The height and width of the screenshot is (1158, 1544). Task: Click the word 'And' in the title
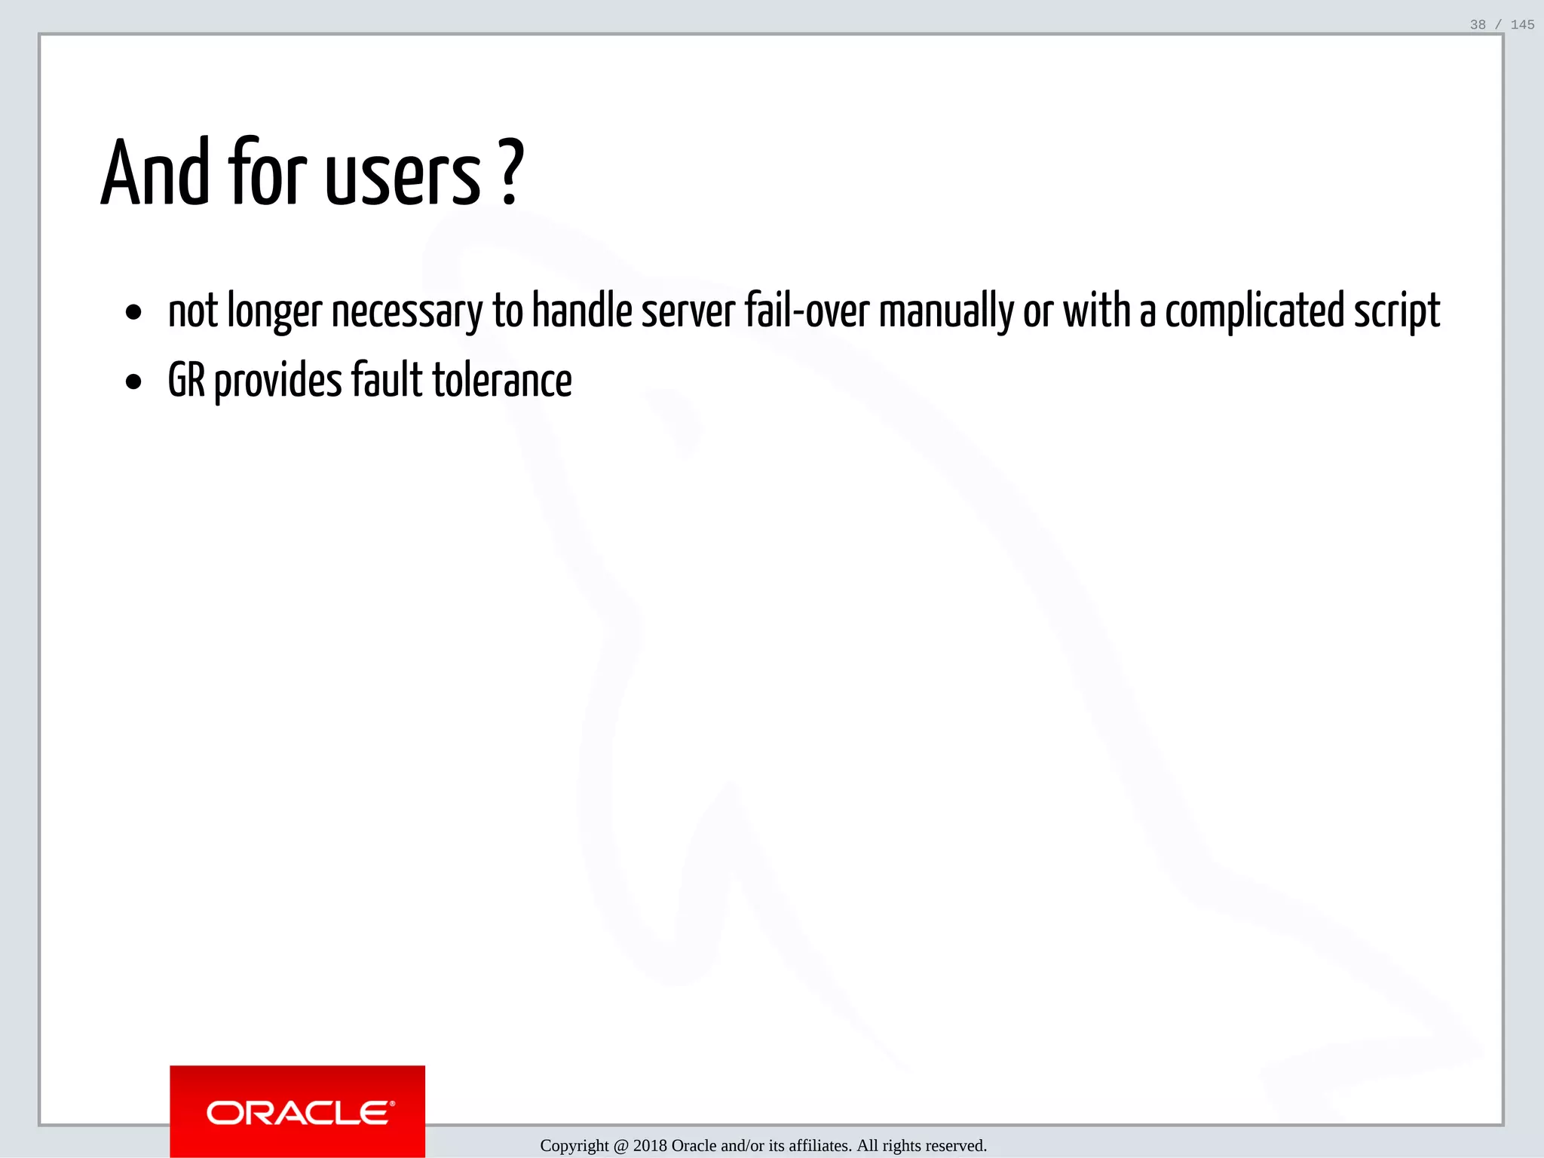[x=155, y=173]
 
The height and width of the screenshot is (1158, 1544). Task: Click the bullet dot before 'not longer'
[x=134, y=312]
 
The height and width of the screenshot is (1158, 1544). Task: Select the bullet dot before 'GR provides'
[x=134, y=381]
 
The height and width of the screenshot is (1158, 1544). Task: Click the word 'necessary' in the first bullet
[x=406, y=312]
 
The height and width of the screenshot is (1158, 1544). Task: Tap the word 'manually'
[x=945, y=312]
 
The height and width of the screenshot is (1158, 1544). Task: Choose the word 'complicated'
[x=1254, y=311]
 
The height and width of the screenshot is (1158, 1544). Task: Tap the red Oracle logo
[x=297, y=1111]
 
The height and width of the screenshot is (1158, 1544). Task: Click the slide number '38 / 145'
[x=1501, y=25]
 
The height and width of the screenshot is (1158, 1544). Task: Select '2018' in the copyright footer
[x=649, y=1146]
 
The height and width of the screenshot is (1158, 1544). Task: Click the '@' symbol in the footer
[x=620, y=1146]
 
